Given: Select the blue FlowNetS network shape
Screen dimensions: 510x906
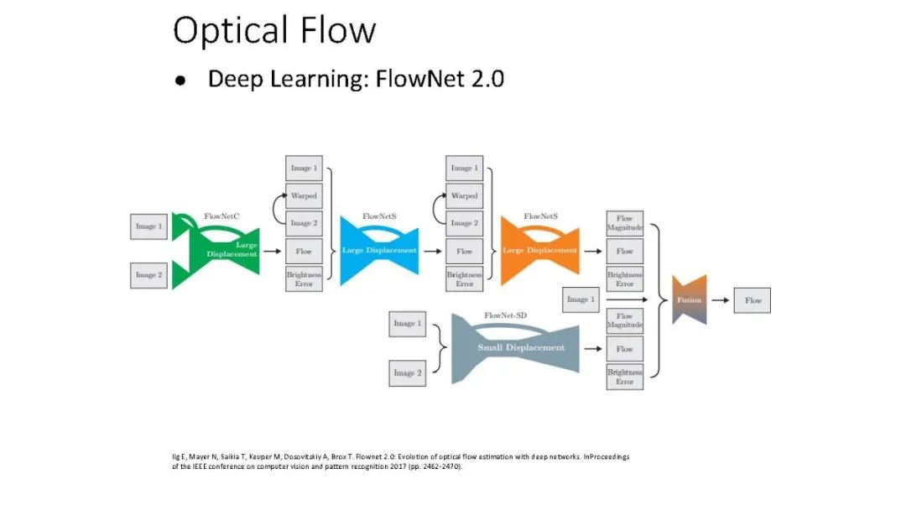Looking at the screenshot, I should coord(378,250).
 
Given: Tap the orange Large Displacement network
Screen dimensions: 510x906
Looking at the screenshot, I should coord(539,250).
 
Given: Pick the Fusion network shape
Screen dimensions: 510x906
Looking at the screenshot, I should coord(690,299).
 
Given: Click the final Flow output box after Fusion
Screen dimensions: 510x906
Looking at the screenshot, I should coord(752,300).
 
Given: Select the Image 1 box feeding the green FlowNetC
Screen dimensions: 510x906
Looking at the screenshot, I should coord(148,226).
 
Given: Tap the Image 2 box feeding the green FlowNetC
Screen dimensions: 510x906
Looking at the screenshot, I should coord(148,274).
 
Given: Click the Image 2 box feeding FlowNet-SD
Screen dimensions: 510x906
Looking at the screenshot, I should coord(408,372).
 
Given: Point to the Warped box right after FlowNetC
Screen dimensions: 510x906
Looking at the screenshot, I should coord(304,195).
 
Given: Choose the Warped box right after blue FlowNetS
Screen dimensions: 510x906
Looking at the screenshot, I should coord(464,195).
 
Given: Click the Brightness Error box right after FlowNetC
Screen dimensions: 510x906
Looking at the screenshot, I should coord(304,278).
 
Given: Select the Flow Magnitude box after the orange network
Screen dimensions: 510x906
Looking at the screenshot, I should coord(625,223).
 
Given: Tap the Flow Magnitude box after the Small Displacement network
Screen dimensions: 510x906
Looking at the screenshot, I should coord(625,320).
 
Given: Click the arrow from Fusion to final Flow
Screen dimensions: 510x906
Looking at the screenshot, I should coord(720,300).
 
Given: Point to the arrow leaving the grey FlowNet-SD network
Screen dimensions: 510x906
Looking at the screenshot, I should coord(591,349).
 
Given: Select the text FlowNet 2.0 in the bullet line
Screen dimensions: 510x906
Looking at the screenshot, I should coord(440,80).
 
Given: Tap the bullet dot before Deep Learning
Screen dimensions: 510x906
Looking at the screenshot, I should coord(180,81).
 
